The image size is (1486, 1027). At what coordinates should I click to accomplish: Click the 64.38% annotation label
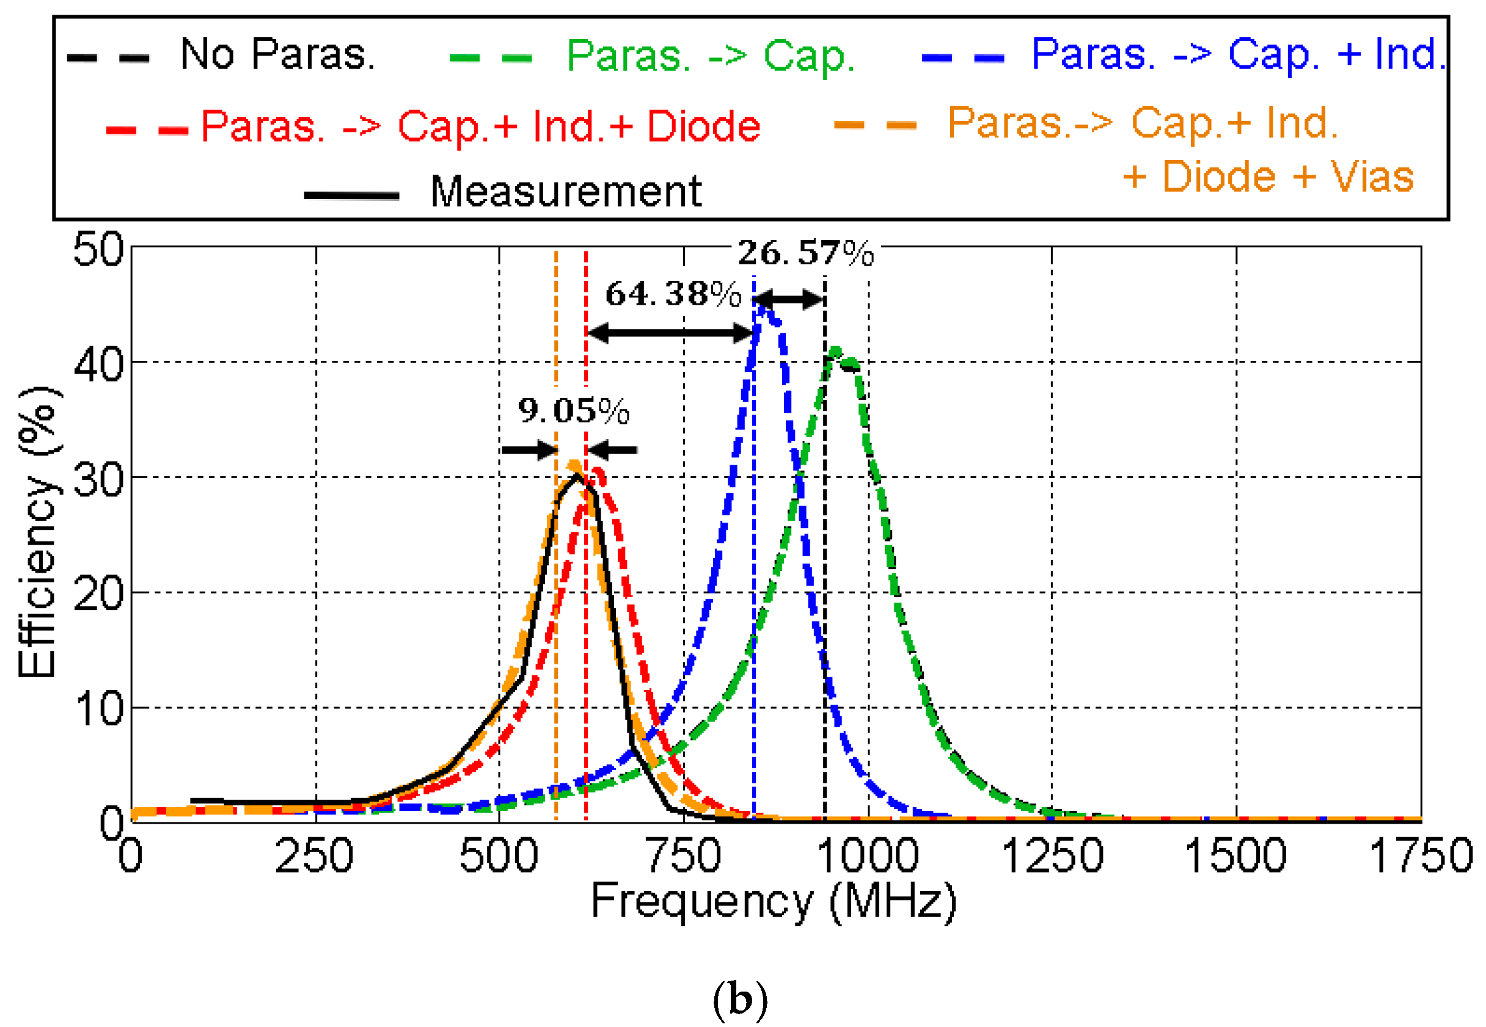pos(673,294)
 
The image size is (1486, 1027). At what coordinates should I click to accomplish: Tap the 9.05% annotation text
pos(574,410)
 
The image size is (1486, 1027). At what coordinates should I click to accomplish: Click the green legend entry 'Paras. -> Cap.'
pos(710,56)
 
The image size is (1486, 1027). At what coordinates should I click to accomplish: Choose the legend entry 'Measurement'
pos(565,192)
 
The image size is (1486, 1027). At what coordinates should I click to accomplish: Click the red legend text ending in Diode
pos(480,126)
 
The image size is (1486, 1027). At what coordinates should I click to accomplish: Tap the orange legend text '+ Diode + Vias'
pos(1268,176)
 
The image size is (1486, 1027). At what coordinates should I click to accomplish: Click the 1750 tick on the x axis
pos(1421,856)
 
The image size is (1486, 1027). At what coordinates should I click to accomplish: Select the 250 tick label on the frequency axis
pos(314,856)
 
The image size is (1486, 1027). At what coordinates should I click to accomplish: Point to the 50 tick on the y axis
pos(98,250)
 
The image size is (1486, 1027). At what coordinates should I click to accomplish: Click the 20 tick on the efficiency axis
pos(98,593)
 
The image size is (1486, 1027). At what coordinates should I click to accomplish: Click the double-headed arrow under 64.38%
pos(670,333)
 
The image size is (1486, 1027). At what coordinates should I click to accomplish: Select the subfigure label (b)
pos(741,1000)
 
